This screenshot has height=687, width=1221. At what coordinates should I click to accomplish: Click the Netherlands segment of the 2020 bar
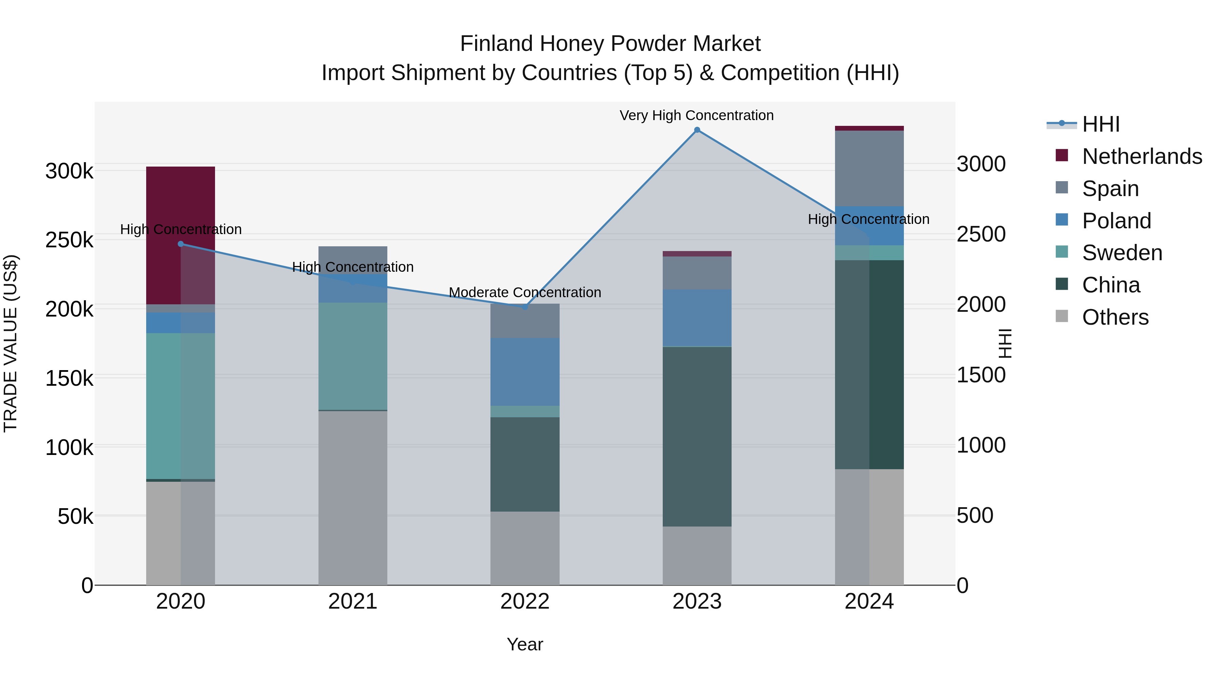pyautogui.click(x=180, y=199)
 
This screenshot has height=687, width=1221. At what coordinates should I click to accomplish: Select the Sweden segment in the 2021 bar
pyautogui.click(x=353, y=356)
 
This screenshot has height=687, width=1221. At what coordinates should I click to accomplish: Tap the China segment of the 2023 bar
pyautogui.click(x=697, y=436)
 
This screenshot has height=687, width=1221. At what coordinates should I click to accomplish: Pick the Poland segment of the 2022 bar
pyautogui.click(x=525, y=372)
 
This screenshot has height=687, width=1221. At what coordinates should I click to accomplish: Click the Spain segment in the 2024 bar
pyautogui.click(x=869, y=168)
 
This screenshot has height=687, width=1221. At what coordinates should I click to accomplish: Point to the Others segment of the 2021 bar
pyautogui.click(x=353, y=498)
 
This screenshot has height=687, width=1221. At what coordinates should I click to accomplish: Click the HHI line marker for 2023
pyautogui.click(x=697, y=130)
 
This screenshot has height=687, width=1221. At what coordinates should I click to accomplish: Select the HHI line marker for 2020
pyautogui.click(x=180, y=244)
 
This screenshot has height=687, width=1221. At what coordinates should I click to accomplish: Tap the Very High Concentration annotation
pyautogui.click(x=696, y=115)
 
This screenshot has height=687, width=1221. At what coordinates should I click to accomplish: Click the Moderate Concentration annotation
pyautogui.click(x=525, y=292)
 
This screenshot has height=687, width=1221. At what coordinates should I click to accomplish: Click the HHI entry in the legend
pyautogui.click(x=1101, y=124)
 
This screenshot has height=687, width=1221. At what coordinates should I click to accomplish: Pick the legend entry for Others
pyautogui.click(x=1115, y=317)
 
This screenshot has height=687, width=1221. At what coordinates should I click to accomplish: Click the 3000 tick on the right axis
pyautogui.click(x=981, y=164)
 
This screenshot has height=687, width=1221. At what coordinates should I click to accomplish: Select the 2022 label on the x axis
pyautogui.click(x=525, y=602)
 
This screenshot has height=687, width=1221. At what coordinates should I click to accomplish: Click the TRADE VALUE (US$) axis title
pyautogui.click(x=11, y=343)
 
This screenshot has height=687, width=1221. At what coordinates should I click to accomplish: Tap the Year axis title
pyautogui.click(x=525, y=644)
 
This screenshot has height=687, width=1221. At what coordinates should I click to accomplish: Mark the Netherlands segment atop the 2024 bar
pyautogui.click(x=869, y=128)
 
